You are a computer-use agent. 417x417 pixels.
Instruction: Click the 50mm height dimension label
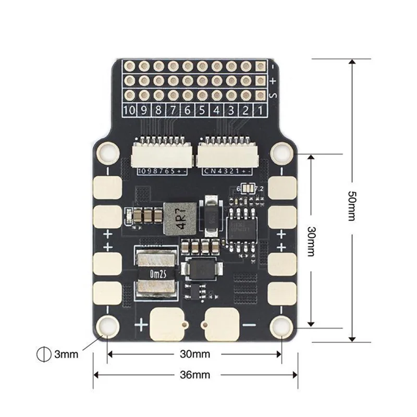pyautogui.click(x=352, y=205)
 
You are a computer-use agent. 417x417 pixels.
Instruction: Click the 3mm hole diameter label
pyautogui.click(x=66, y=354)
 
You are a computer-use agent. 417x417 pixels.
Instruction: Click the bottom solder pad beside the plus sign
pyautogui.click(x=167, y=322)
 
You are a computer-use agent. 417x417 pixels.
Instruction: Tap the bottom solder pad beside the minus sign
pyautogui.click(x=223, y=322)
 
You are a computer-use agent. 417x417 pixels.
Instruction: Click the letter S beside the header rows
pyautogui.click(x=273, y=95)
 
